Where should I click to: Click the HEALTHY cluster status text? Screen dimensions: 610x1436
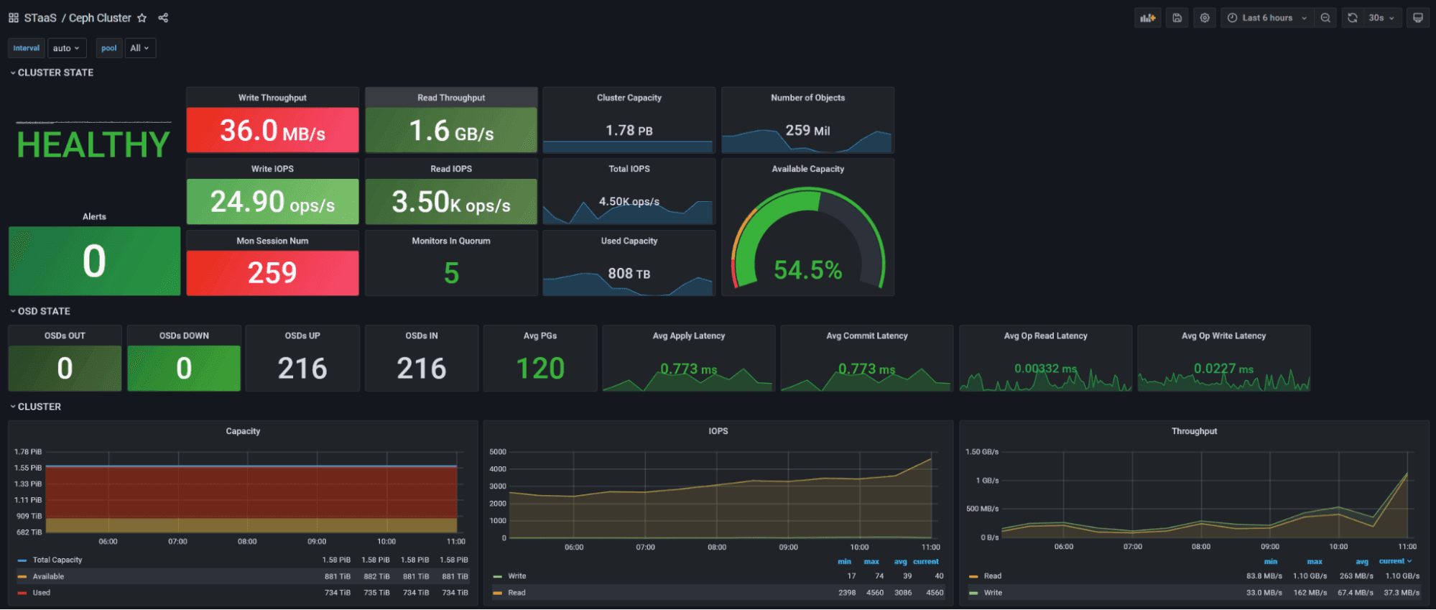coord(93,145)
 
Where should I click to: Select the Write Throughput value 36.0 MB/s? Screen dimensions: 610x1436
coord(272,131)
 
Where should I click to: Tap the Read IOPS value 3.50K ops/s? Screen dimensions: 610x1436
coord(450,203)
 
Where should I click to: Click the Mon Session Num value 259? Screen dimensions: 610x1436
coord(272,273)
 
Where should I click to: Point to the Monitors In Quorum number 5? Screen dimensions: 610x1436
coord(451,273)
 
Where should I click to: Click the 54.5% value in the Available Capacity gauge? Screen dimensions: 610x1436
coord(807,270)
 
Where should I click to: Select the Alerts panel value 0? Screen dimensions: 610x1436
coord(94,261)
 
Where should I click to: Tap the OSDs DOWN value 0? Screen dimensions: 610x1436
coord(184,369)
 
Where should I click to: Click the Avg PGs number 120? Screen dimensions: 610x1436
coord(540,369)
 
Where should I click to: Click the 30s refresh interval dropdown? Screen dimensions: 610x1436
coord(1381,18)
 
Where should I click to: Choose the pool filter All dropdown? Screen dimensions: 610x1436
coord(139,48)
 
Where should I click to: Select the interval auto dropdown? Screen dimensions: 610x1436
coord(66,48)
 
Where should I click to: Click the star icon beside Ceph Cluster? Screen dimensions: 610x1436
coord(142,18)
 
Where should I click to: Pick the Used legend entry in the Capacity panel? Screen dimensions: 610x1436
coord(42,593)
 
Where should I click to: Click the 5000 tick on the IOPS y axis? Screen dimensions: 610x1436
coord(498,452)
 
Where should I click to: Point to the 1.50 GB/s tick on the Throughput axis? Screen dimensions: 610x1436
coord(982,452)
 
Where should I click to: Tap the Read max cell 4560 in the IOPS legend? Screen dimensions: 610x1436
coord(874,593)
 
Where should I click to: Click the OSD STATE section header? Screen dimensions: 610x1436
coord(44,311)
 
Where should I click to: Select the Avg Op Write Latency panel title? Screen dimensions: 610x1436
coord(1223,336)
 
